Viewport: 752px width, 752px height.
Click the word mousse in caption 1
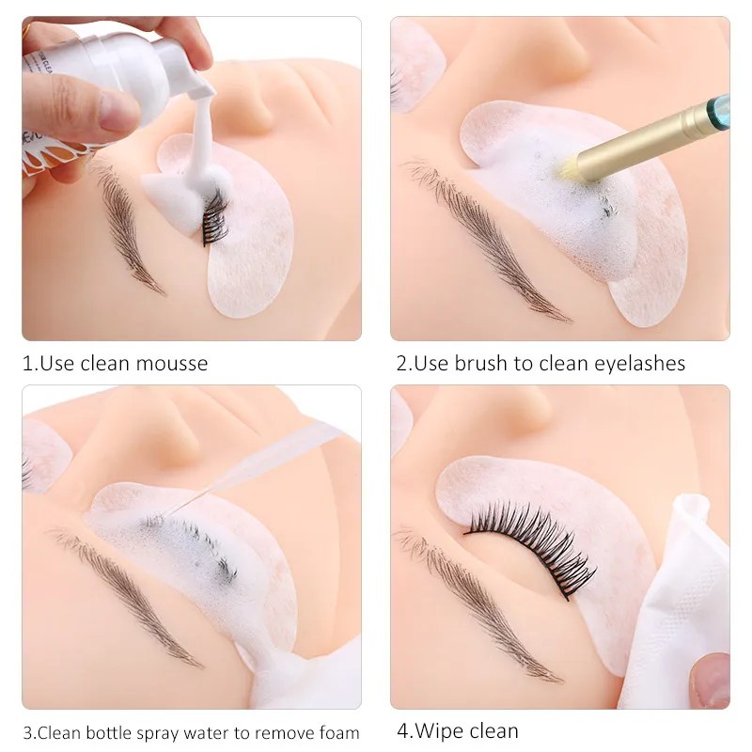click(x=172, y=364)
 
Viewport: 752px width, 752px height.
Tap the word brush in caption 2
click(x=480, y=363)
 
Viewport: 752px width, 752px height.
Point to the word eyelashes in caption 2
click(x=640, y=364)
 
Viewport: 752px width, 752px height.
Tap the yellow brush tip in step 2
click(x=569, y=168)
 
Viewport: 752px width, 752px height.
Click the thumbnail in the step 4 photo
click(x=711, y=680)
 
